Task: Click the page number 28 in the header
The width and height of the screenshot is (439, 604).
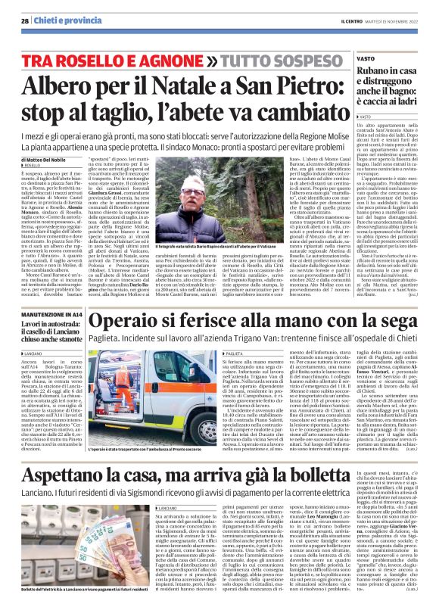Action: coord(23,20)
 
